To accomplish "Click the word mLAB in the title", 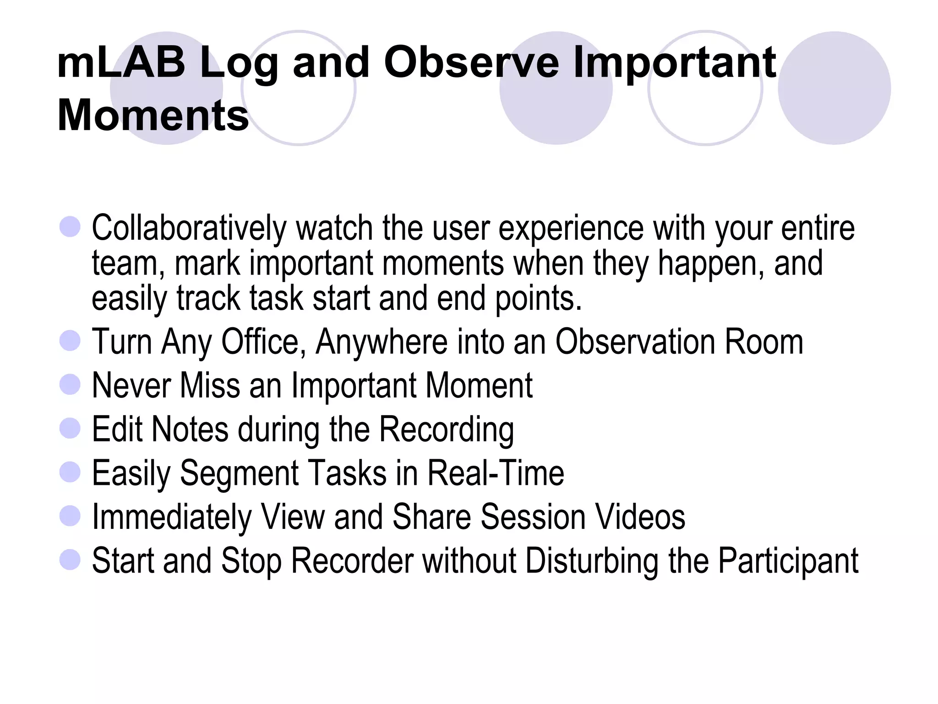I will [121, 63].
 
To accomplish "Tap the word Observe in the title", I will [471, 63].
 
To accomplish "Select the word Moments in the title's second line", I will [153, 115].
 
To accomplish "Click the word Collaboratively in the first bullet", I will [189, 228].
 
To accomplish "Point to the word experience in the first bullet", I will [571, 228].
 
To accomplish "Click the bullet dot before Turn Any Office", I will [70, 341].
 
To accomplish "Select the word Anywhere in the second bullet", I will [382, 342].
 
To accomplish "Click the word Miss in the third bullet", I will [210, 385].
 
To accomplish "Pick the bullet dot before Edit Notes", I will [70, 428].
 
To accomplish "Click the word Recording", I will [447, 430].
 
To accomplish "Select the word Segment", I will [238, 473].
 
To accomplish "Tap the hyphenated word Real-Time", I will [496, 473].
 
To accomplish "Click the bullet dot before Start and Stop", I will [70, 560].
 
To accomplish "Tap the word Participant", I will [788, 561].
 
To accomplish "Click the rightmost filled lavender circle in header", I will [834, 88].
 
